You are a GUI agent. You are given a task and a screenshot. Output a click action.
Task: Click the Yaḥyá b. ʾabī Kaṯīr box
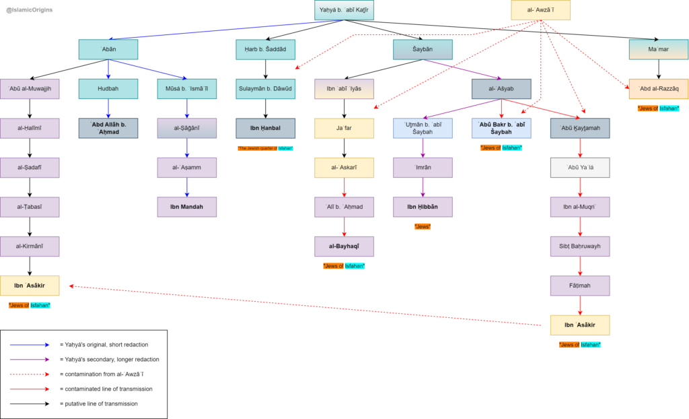point(344,10)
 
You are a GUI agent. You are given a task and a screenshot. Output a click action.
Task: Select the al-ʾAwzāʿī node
point(540,10)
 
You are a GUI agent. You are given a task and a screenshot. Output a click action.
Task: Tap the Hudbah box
point(108,89)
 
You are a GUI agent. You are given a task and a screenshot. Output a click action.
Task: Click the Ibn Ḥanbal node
point(265,128)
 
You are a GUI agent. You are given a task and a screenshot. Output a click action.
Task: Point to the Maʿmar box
point(658,50)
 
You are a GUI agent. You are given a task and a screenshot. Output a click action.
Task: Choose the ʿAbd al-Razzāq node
point(658,89)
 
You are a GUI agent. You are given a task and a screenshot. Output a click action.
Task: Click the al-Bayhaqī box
point(344,247)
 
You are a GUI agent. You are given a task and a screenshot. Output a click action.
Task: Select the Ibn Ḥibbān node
point(423,207)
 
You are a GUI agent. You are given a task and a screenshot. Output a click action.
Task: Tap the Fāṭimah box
point(580,286)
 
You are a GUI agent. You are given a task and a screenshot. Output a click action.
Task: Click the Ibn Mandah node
point(186,207)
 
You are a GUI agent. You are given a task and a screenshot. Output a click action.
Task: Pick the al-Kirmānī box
point(30,247)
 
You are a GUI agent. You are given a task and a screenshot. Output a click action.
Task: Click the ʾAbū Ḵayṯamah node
point(580,128)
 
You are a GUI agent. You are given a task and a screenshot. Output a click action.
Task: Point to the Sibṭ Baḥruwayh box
point(580,247)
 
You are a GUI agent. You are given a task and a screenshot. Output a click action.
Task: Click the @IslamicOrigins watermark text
point(30,10)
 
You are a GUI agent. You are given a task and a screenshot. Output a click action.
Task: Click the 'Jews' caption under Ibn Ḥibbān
point(423,226)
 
